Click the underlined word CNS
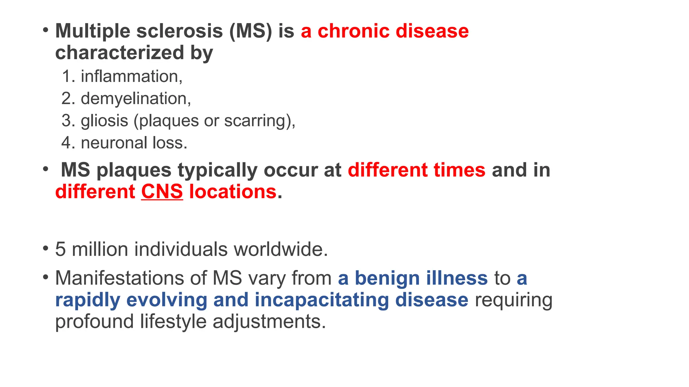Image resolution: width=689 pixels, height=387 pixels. point(162,192)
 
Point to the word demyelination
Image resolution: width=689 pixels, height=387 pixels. point(135,99)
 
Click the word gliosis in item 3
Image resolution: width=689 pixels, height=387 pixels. point(104,121)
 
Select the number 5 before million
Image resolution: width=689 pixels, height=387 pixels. point(60,250)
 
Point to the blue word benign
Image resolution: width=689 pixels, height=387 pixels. point(387,278)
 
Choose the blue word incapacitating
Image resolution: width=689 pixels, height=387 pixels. point(321,300)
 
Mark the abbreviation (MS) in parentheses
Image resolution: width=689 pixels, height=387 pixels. point(250,31)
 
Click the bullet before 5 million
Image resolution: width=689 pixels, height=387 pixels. point(45,249)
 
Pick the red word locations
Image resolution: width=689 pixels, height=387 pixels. point(232,192)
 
